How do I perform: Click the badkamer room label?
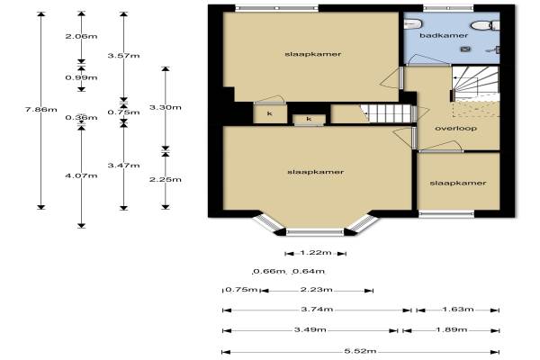point(444,35)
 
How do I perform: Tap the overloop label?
point(456,129)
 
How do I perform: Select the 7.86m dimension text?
point(41,110)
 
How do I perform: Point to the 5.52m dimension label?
point(360,351)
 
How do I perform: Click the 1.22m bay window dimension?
point(316,253)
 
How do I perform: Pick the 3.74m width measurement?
point(317,309)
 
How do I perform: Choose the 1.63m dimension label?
point(458,309)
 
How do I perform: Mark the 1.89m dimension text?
point(452,329)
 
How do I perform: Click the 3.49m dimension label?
point(310,329)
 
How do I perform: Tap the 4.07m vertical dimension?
point(81,175)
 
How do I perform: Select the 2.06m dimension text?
point(81,36)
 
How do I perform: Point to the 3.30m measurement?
point(166,107)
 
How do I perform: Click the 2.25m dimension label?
point(166,179)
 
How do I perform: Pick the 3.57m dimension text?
point(123,56)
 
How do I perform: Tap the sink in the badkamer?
point(412,23)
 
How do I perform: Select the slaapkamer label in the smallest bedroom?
point(458,184)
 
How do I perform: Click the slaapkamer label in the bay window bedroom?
point(316,172)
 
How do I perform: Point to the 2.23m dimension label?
point(316,290)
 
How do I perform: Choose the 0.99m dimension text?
point(81,77)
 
